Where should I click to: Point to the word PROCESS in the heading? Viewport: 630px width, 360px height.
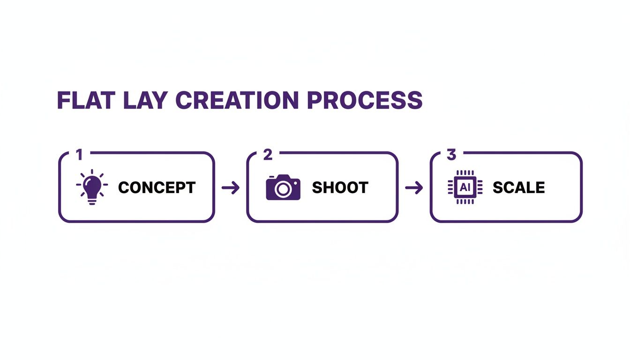[364, 100]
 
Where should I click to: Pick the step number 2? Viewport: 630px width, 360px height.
[268, 155]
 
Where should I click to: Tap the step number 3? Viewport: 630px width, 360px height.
[451, 155]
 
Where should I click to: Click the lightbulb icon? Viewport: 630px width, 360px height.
[92, 187]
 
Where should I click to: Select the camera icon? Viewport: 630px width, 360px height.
[283, 187]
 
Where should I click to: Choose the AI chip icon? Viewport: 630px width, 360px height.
[465, 187]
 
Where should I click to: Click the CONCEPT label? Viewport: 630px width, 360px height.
[157, 187]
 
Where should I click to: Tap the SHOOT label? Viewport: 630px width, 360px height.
[340, 187]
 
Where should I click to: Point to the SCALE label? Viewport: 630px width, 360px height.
[518, 187]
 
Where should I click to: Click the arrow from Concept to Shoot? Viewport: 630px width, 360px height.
[230, 188]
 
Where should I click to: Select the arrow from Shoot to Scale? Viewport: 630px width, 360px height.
[413, 188]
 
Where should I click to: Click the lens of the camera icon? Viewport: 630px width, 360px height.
[282, 189]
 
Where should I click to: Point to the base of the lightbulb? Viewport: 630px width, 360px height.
[92, 201]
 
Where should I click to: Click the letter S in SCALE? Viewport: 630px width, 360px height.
[497, 187]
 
